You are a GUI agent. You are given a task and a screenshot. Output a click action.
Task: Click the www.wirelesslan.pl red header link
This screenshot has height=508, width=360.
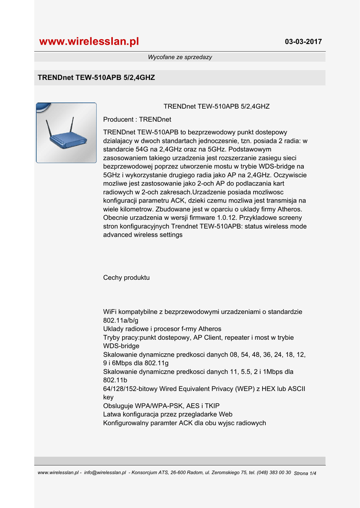pyautogui.click(x=89, y=42)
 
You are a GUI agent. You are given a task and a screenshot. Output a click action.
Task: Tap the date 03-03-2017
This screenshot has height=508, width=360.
pyautogui.click(x=303, y=42)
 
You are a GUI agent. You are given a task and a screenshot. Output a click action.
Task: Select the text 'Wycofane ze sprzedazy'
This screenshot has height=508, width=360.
pyautogui.click(x=180, y=57)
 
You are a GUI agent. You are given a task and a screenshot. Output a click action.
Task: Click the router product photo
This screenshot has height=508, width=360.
pyautogui.click(x=67, y=133)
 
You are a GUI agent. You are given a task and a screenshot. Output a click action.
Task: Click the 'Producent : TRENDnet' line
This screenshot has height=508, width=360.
pyautogui.click(x=137, y=120)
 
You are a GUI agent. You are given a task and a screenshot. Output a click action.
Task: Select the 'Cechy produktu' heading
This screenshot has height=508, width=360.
pyautogui.click(x=126, y=278)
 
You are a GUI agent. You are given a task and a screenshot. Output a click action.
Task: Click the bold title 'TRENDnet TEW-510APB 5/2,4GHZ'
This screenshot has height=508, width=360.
pyautogui.click(x=96, y=78)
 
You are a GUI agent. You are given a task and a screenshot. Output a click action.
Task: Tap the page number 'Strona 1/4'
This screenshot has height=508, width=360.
pyautogui.click(x=305, y=473)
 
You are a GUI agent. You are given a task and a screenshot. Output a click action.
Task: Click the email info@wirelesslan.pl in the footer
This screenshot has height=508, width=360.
pyautogui.click(x=105, y=473)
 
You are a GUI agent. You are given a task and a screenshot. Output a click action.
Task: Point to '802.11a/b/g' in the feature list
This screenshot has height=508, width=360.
pyautogui.click(x=121, y=320)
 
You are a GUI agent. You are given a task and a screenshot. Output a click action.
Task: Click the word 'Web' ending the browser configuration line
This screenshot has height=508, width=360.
pyautogui.click(x=226, y=414)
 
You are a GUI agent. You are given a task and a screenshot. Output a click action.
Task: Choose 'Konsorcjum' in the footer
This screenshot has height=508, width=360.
pyautogui.click(x=144, y=473)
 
